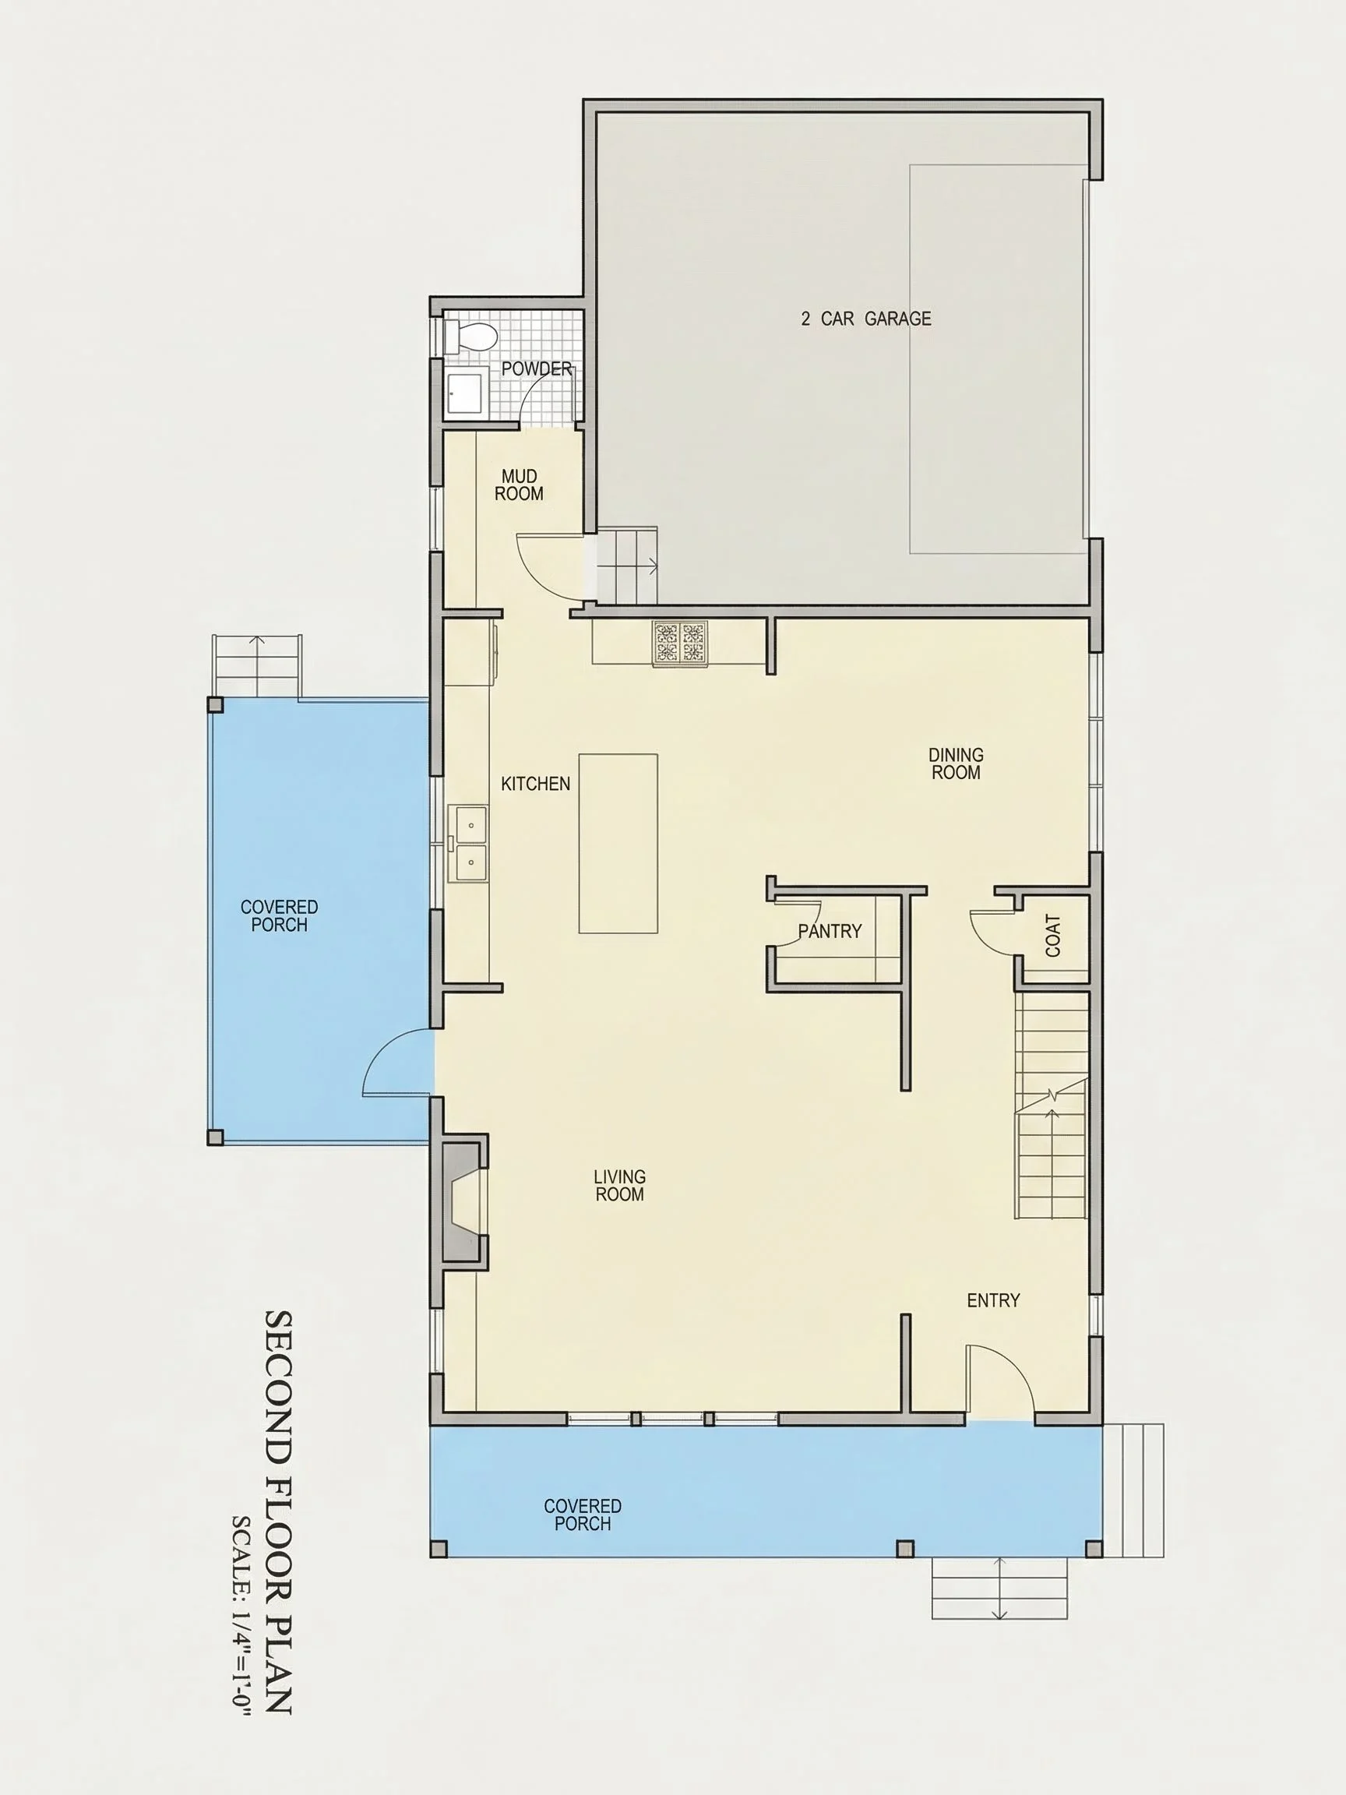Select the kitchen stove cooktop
[680, 644]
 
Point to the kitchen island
[618, 843]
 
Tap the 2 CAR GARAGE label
[865, 319]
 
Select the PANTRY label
[830, 931]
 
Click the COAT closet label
[1053, 936]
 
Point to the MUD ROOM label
[520, 485]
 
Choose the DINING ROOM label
[956, 763]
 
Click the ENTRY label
[993, 1301]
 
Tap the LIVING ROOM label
[620, 1185]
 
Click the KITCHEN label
[535, 784]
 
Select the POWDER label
[536, 369]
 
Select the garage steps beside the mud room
[626, 566]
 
